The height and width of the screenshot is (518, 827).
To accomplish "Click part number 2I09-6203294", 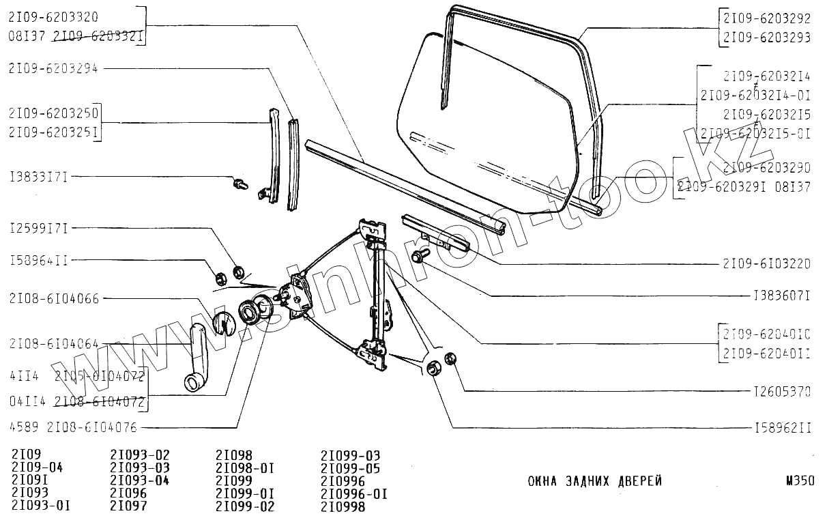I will (54, 68).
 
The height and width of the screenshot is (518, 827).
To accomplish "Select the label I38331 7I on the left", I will (38, 177).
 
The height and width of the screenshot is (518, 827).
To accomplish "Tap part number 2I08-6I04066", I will (54, 298).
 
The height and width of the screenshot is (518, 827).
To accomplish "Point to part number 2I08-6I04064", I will (54, 344).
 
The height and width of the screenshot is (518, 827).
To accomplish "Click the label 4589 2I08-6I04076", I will (74, 427).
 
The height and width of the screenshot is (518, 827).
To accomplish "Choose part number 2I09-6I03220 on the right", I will (767, 262).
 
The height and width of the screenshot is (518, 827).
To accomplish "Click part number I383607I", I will (782, 296).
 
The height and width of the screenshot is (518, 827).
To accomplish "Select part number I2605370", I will (782, 392).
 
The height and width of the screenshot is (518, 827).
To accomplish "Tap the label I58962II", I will (782, 428).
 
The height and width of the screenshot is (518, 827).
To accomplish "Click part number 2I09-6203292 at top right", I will (767, 20).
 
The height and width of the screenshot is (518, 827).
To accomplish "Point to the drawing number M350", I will (799, 481).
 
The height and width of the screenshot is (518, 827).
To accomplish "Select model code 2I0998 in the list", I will (343, 506).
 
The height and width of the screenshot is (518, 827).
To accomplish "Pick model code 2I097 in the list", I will (128, 506).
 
